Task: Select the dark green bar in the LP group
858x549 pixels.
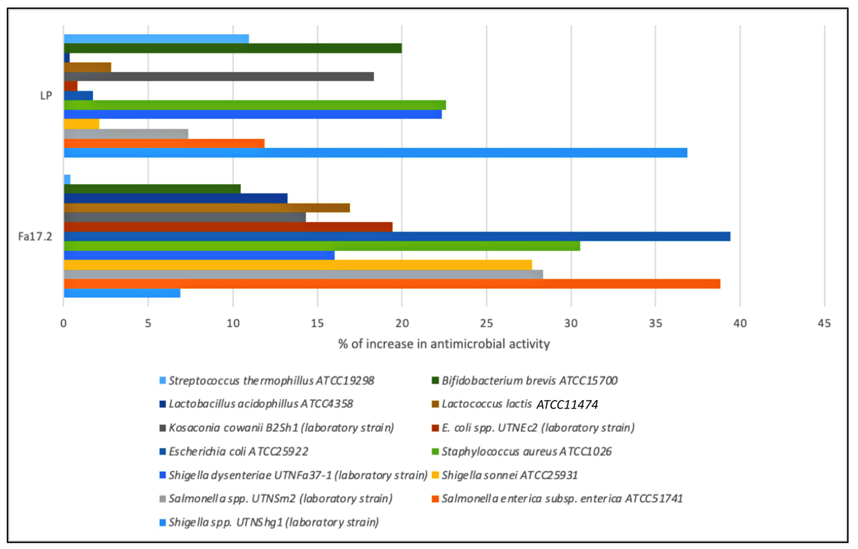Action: [232, 48]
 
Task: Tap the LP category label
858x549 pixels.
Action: [46, 96]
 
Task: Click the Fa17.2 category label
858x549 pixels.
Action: [35, 236]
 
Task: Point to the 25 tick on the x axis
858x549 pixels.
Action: [486, 323]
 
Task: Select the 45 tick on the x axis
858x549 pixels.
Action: [824, 323]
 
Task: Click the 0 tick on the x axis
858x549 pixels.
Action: [63, 323]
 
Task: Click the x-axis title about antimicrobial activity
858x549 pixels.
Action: [444, 344]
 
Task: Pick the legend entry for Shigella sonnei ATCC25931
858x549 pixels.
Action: [509, 475]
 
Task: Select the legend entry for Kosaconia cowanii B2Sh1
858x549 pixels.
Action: [281, 428]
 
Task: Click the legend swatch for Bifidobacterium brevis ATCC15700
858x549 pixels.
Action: [435, 381]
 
